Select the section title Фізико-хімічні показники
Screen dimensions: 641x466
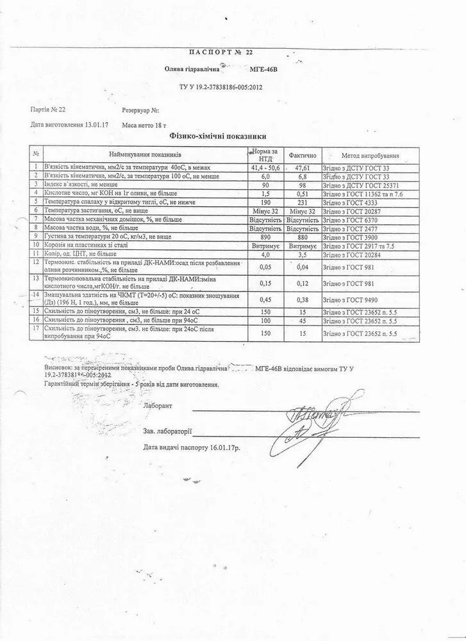point(217,137)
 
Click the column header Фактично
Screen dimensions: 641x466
point(302,155)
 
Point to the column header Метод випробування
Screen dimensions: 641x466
point(370,155)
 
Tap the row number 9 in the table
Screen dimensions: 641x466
point(37,236)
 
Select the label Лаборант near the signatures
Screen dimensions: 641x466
point(158,406)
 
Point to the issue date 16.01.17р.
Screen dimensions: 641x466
point(222,447)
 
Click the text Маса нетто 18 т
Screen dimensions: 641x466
point(148,126)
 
